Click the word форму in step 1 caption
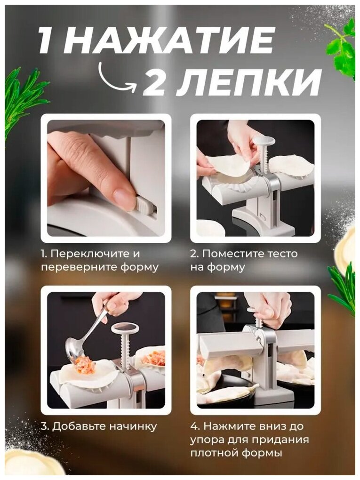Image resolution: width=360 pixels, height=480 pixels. (141, 267)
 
